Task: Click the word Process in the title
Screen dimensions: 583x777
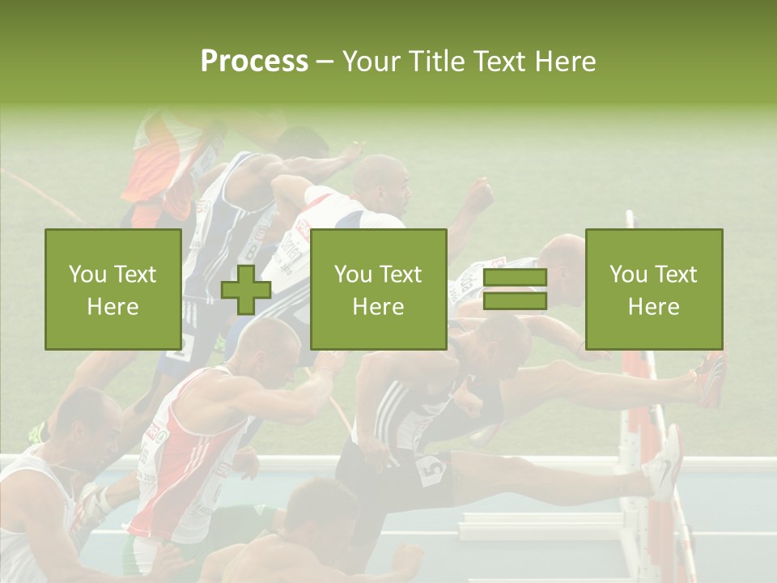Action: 254,61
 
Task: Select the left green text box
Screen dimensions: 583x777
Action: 113,289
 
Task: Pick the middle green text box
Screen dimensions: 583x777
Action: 378,289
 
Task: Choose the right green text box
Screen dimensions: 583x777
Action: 653,289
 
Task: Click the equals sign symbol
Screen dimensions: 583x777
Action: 515,290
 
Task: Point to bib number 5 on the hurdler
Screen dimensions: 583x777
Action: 430,469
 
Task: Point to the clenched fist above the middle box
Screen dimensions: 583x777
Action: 478,195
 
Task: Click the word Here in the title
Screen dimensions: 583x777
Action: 563,61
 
